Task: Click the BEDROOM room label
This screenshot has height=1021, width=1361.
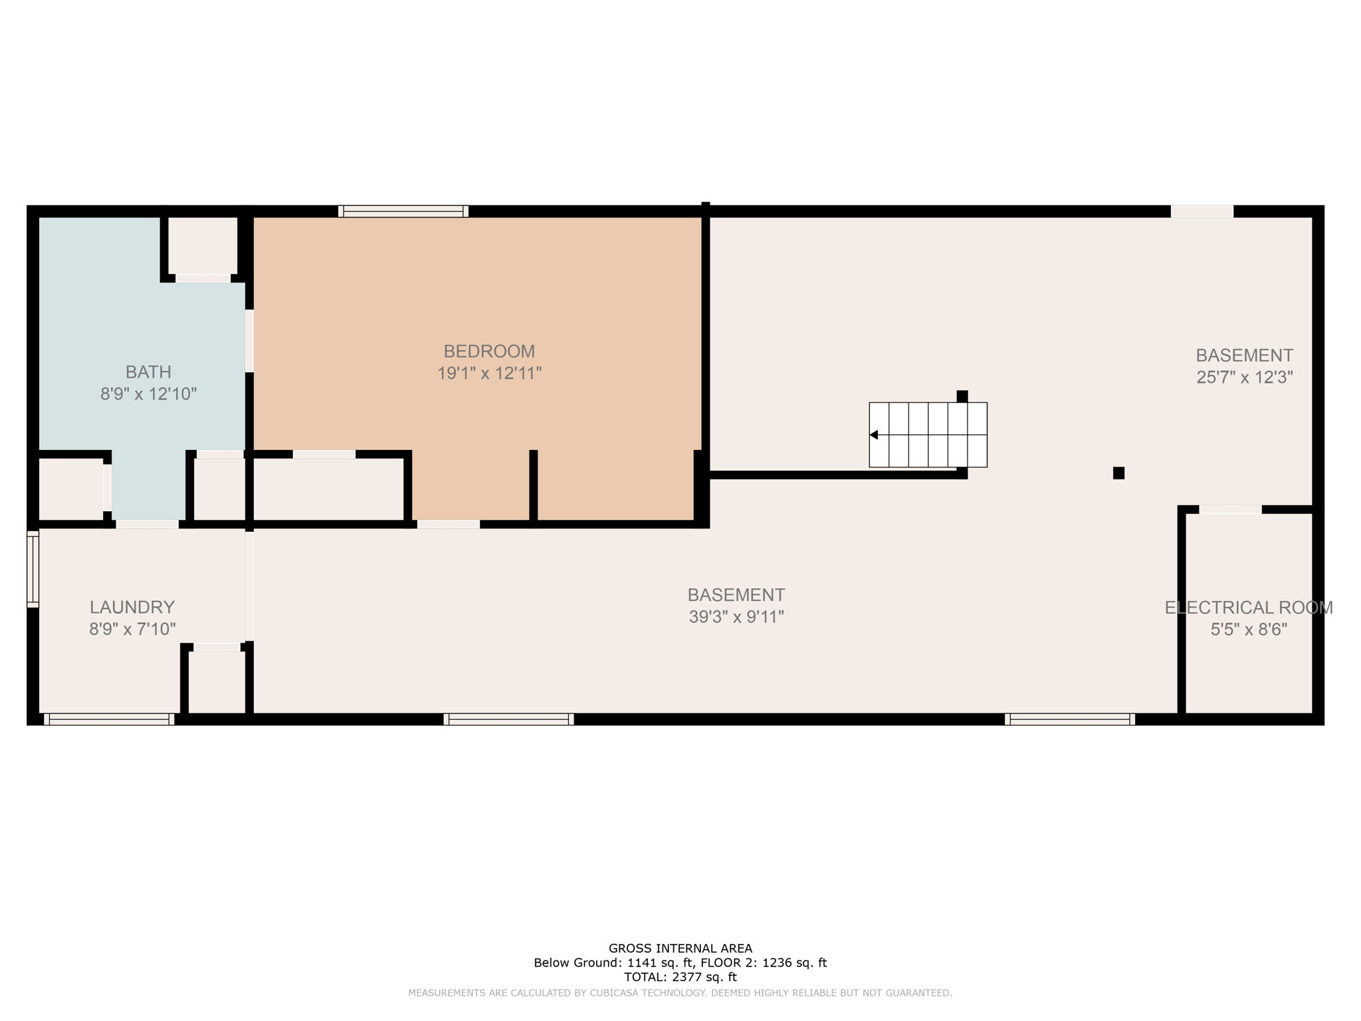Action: (489, 351)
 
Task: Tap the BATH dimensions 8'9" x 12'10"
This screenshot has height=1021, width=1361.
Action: (148, 394)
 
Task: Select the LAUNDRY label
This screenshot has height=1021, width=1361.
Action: (132, 607)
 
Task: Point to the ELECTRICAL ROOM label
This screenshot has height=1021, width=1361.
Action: (1249, 608)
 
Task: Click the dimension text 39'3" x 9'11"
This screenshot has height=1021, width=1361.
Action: (736, 617)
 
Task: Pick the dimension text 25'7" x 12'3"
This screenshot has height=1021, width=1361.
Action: (1245, 378)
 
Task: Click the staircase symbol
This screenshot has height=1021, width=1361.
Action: (928, 435)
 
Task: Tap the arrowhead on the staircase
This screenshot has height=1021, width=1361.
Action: (875, 435)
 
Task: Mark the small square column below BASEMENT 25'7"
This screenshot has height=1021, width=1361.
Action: (1118, 473)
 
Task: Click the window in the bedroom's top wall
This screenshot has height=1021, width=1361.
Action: (403, 211)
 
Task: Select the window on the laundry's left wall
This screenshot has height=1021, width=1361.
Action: (33, 568)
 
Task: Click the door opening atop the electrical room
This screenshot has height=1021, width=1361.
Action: (1230, 510)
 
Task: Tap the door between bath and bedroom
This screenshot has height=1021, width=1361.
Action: (249, 340)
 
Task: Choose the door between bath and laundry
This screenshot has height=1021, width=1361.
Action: (148, 524)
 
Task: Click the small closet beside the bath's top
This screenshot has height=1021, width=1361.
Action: (203, 245)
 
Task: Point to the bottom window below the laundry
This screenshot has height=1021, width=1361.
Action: (109, 719)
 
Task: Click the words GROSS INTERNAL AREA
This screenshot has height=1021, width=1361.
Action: (680, 949)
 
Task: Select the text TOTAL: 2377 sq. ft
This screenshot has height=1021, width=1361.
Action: (680, 977)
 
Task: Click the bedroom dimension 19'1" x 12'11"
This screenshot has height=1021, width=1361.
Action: (489, 374)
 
